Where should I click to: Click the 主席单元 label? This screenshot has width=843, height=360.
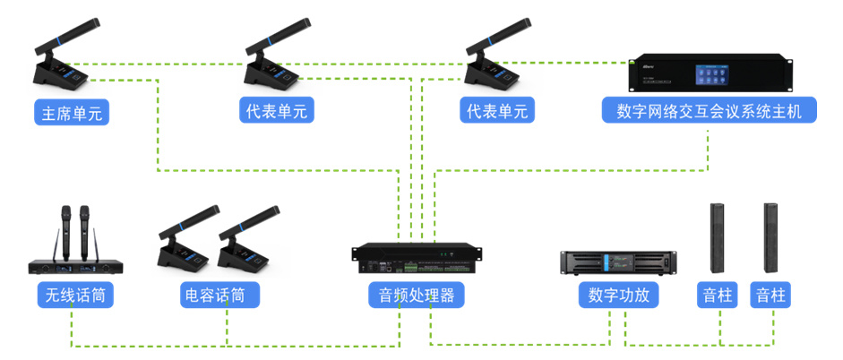(x=72, y=112)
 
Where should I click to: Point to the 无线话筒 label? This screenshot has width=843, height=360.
(x=75, y=295)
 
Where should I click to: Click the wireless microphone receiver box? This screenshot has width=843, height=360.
(x=76, y=267)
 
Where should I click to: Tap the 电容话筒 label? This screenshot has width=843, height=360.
(x=219, y=295)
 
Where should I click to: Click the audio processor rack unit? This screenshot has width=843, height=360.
(x=417, y=259)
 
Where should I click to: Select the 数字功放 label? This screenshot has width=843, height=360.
(x=618, y=295)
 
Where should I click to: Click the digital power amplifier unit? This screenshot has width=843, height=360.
(x=618, y=263)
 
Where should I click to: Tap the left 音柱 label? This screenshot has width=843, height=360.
(x=718, y=295)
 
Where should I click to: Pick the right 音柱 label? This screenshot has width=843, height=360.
(x=770, y=295)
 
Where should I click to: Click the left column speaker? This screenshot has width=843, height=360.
(x=717, y=238)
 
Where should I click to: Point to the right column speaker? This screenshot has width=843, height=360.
(x=770, y=238)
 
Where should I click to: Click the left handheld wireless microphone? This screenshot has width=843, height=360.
(x=66, y=232)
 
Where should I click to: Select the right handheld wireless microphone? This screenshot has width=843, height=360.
(x=84, y=232)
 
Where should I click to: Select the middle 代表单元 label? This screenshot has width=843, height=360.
(x=276, y=110)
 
